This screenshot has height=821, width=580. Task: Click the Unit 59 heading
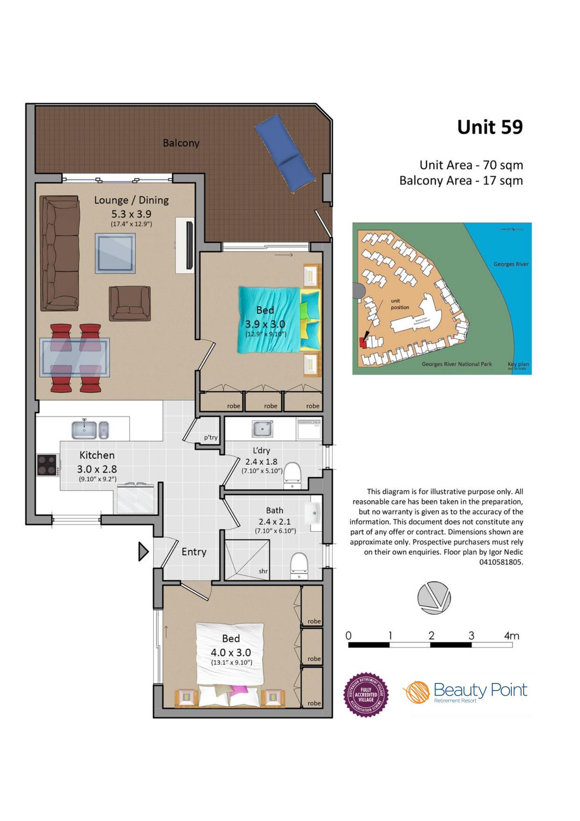coord(489,127)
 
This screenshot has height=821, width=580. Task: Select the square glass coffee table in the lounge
coord(115,253)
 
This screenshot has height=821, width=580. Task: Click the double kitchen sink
coord(90,430)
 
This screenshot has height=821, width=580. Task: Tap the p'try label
coord(211,437)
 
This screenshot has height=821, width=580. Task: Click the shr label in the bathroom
coord(263,571)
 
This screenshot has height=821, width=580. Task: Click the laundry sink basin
coord(263,428)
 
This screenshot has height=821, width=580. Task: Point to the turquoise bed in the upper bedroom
coord(269,319)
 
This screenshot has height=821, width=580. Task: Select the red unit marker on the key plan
coord(362,342)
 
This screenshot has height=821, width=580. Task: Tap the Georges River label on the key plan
coord(511,264)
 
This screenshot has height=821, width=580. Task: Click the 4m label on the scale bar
coord(511,636)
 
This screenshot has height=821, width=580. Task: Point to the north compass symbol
coord(434,598)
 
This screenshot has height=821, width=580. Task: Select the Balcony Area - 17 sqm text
coord(461,181)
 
